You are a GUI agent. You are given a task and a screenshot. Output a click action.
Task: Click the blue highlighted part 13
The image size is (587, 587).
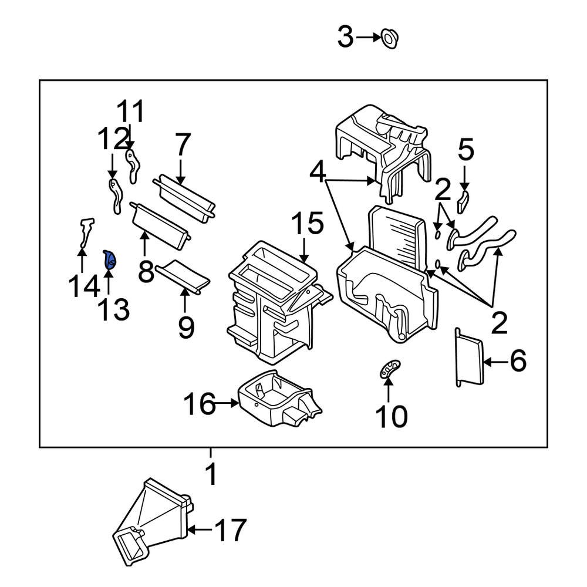click(x=110, y=259)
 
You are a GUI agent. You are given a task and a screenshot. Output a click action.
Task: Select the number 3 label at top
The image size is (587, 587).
click(x=345, y=38)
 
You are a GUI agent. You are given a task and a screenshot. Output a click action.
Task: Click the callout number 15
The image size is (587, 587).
click(x=307, y=225)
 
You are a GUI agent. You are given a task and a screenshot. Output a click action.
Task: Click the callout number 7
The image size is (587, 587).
click(x=183, y=144)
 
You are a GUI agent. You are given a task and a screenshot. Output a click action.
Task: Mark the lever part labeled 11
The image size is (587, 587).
click(x=134, y=166)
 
